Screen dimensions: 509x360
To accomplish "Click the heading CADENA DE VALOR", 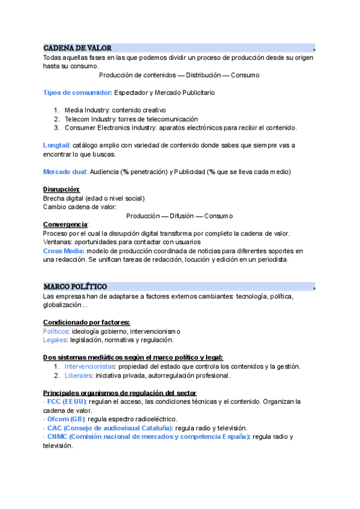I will click(x=77, y=48).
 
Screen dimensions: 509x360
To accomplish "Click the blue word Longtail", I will click(x=56, y=145).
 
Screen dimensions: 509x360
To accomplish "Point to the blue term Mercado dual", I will click(x=65, y=172).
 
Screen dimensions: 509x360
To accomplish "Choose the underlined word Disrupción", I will click(x=61, y=190).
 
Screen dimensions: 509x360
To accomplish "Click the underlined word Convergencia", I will click(x=65, y=224).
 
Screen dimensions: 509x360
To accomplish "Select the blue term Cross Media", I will click(x=64, y=251).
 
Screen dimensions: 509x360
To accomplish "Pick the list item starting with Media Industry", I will click(x=115, y=110).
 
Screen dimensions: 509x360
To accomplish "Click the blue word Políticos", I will click(x=56, y=331).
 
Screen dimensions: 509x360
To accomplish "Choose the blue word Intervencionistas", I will click(x=90, y=367).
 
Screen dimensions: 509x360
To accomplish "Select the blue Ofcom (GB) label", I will click(x=66, y=419).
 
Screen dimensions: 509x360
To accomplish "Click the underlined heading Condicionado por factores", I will click(x=86, y=323).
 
